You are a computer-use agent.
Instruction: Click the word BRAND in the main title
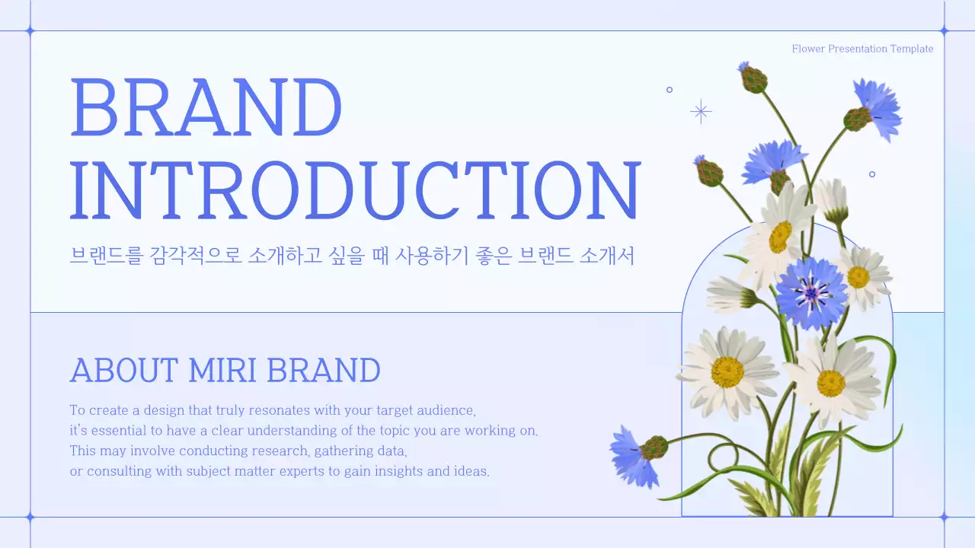coord(206,107)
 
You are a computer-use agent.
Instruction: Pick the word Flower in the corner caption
coord(808,49)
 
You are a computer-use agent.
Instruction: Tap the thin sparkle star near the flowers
coord(701,112)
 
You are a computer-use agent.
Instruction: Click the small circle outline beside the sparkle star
coord(670,90)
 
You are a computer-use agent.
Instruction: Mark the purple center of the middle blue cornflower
coord(812,292)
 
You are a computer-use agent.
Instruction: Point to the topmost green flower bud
coord(753,79)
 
